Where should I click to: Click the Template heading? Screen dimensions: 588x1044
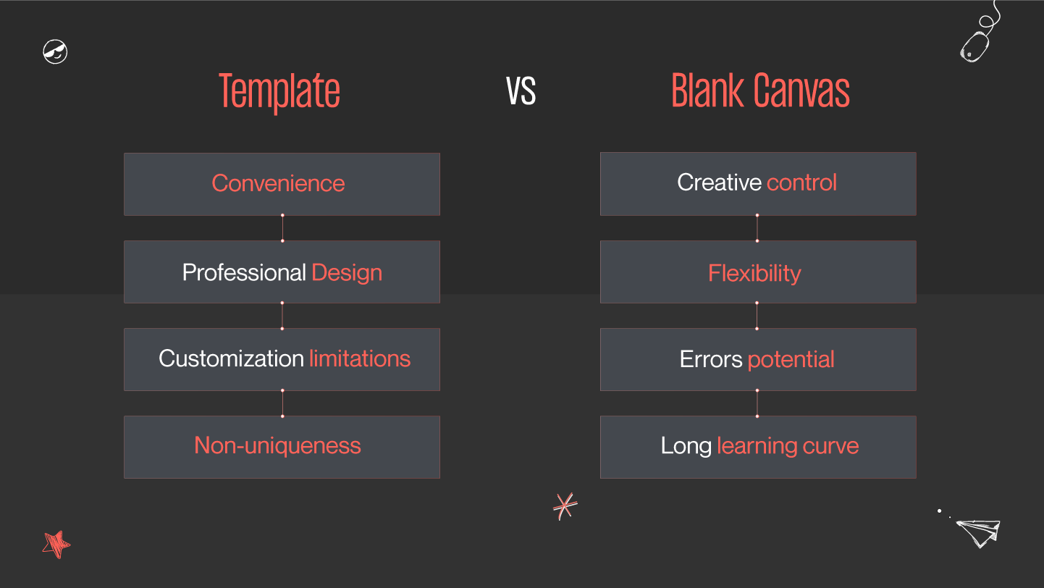click(279, 92)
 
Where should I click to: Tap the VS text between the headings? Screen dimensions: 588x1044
click(521, 91)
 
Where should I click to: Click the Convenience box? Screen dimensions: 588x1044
click(281, 184)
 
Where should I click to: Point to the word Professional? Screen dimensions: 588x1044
click(244, 273)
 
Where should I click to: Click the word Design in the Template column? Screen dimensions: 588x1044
click(347, 273)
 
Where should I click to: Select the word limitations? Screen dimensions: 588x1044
click(360, 358)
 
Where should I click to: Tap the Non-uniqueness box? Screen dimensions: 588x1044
click(281, 446)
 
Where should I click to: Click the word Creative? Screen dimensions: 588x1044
click(719, 182)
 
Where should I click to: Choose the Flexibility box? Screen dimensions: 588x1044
click(757, 273)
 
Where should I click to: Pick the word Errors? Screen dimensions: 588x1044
click(711, 359)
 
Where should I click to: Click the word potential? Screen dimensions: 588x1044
click(791, 359)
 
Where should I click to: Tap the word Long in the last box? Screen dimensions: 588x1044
click(686, 446)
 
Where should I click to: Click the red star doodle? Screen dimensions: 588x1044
click(56, 544)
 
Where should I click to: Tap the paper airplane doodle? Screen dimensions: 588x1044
click(978, 532)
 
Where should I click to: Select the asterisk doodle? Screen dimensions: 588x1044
click(565, 505)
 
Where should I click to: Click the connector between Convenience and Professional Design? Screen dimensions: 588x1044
click(282, 228)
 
